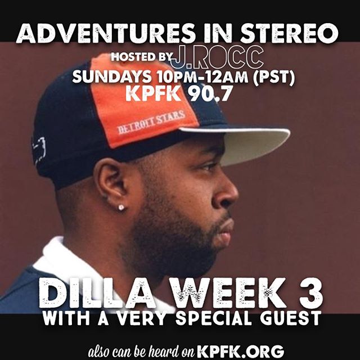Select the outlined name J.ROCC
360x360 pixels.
click(217, 57)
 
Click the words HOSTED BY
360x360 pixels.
click(142, 57)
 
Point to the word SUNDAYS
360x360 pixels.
click(112, 76)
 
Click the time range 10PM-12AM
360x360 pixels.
click(202, 76)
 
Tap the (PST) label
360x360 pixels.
click(274, 76)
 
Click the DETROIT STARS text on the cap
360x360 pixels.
click(151, 122)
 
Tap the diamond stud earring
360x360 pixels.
click(121, 208)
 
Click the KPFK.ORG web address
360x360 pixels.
click(241, 351)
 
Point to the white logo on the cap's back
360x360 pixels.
click(39, 149)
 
